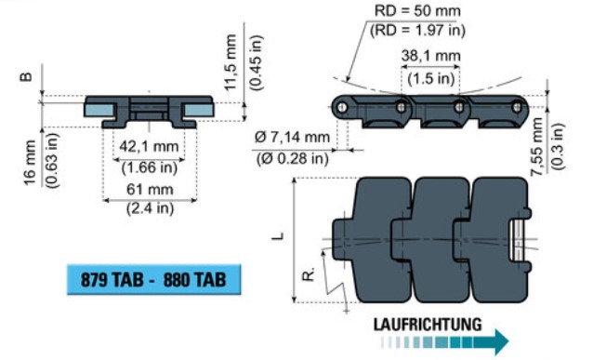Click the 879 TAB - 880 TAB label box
point(153,279)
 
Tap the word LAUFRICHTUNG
point(428,325)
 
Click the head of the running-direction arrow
point(502,341)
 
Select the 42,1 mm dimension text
point(149,146)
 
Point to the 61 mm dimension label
point(150,189)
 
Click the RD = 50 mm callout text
point(417,10)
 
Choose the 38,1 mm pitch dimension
point(430,56)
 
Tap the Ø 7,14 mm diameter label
point(292,137)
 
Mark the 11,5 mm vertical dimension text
point(231,62)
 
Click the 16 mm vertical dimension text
point(31,163)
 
